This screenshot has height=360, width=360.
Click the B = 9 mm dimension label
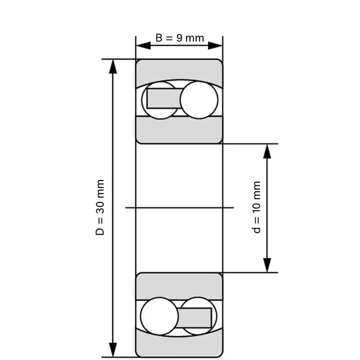tap(180, 38)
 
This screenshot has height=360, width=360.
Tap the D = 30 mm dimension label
tap(100, 208)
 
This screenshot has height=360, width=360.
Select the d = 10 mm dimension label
tap(256, 207)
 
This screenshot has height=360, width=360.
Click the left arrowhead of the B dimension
tap(143, 46)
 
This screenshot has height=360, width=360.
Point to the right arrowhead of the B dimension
tap(215, 46)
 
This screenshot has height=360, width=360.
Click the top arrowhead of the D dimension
tap(113, 66)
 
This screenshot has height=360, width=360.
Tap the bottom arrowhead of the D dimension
tap(113, 350)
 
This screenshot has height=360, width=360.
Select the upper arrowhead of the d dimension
tap(267, 151)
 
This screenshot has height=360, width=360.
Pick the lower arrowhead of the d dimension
tap(267, 265)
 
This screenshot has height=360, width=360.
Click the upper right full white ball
tap(199, 100)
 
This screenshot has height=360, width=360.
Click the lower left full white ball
tap(159, 316)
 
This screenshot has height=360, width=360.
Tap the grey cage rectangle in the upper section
tap(164, 98)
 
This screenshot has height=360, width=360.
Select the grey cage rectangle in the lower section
tap(194, 318)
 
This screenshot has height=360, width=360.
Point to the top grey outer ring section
tap(179, 71)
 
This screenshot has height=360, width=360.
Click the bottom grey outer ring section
tap(179, 344)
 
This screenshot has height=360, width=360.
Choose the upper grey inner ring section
tap(179, 130)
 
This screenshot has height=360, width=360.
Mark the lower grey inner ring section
tap(179, 286)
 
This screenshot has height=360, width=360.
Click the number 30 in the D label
tap(100, 208)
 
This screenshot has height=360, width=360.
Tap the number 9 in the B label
tap(179, 38)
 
